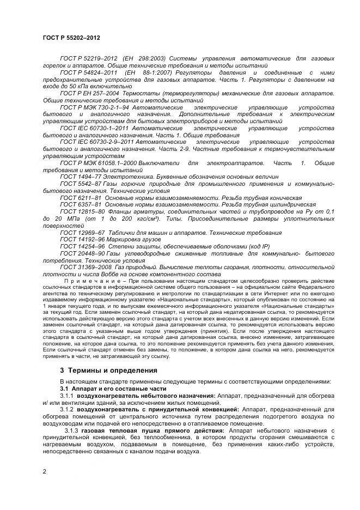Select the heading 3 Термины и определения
108,370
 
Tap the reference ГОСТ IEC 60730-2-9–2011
97,141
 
